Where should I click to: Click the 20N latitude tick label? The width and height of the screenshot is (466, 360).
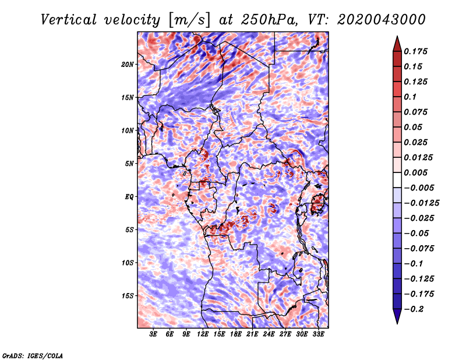point(128,64)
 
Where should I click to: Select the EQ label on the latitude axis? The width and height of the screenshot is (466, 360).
point(129,197)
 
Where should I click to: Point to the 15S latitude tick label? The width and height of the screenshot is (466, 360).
point(128,296)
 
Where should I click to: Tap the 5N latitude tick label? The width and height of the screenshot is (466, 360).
point(129,164)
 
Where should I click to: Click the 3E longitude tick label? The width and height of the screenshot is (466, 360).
point(154,334)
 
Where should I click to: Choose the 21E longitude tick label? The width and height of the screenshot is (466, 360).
point(252,334)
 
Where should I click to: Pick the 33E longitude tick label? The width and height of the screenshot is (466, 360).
point(318,334)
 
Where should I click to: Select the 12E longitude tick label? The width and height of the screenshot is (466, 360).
point(203,334)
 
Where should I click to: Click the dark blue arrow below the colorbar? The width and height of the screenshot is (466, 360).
point(397,316)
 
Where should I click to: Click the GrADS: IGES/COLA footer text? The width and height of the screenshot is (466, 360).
point(33,355)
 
